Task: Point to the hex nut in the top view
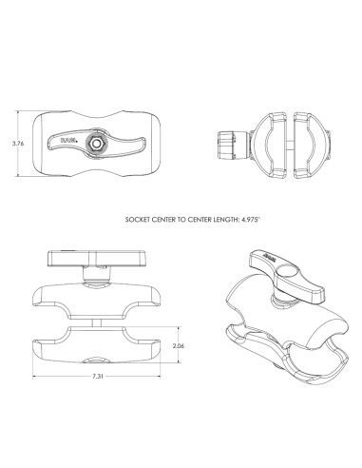tap(97, 143)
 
